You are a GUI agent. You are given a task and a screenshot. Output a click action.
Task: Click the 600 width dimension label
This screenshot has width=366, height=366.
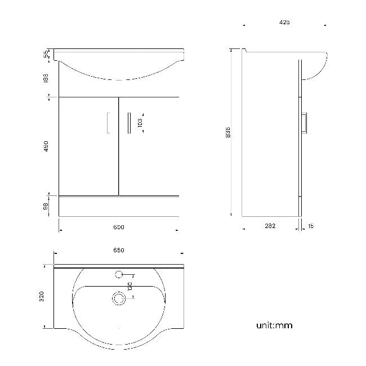(118, 227)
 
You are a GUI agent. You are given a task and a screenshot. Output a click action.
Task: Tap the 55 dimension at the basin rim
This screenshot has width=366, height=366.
(46, 54)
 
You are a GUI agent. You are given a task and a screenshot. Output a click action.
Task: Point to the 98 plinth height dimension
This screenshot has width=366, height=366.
(46, 206)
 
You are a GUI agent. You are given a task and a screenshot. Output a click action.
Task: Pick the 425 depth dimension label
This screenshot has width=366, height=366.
(284, 23)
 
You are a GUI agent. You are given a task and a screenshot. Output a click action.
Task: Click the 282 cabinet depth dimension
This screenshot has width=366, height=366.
(270, 226)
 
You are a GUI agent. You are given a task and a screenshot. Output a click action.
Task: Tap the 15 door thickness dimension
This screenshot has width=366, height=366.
(311, 226)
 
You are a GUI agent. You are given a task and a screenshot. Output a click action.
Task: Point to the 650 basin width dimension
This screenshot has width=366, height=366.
(118, 250)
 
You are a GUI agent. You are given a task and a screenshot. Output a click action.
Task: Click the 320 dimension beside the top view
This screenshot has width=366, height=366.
(42, 296)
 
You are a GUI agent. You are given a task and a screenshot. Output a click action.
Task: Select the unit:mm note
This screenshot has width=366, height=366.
(274, 325)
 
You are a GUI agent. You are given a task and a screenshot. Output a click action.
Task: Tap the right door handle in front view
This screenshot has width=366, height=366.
(129, 123)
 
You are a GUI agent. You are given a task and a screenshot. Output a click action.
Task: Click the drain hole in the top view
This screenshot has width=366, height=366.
(119, 299)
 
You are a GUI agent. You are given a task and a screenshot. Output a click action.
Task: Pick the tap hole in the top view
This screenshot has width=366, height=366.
(119, 275)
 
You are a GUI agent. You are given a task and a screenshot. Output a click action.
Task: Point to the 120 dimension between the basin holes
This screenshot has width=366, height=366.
(129, 286)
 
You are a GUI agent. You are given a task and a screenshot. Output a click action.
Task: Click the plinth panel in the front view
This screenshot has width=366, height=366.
(119, 206)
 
